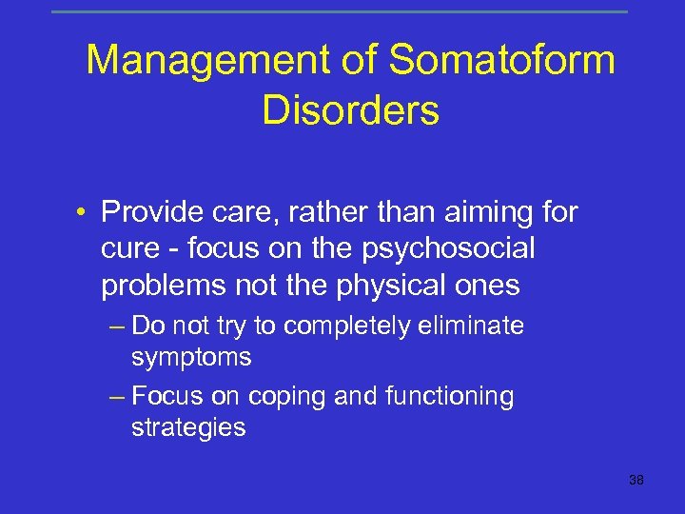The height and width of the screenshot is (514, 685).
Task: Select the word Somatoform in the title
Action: tap(502, 62)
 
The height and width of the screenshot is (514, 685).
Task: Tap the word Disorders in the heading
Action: tap(350, 110)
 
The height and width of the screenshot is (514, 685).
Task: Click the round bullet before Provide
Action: tap(85, 211)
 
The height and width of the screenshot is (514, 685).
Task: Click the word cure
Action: tap(128, 247)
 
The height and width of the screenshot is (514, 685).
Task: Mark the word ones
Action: tap(487, 285)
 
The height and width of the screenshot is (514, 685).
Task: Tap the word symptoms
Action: tap(191, 358)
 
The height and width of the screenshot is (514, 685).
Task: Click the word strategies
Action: tap(188, 428)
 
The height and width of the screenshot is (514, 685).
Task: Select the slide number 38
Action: tap(636, 480)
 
